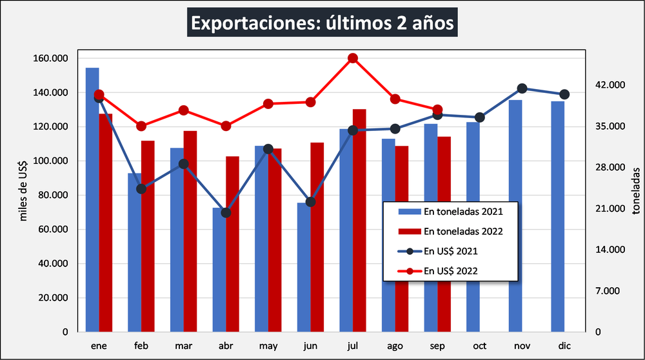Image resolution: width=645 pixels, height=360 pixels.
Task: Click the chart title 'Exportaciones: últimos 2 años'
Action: (x=322, y=24)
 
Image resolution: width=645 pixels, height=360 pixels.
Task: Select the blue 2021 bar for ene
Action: (x=92, y=200)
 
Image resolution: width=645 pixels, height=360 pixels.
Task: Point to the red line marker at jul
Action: (x=353, y=58)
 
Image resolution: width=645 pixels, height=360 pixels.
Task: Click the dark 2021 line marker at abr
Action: (x=226, y=212)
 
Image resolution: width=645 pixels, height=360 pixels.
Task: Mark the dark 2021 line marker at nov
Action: (x=522, y=88)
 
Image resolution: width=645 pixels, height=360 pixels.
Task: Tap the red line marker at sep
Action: (x=437, y=110)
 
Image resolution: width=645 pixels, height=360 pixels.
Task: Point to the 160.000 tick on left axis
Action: (x=50, y=58)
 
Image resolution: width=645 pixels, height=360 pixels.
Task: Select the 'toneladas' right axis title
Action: (x=636, y=192)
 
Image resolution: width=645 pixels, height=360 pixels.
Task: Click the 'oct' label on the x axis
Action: (x=480, y=345)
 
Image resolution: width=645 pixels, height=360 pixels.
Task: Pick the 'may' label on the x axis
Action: (x=268, y=345)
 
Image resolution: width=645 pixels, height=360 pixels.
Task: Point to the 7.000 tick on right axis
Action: (x=607, y=291)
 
